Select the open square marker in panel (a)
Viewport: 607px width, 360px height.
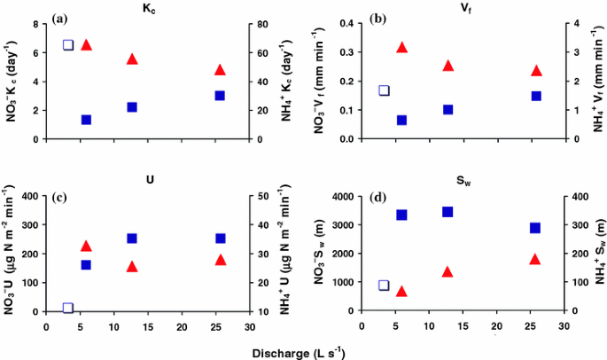tap(68, 45)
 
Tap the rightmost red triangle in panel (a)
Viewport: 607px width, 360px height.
tap(220, 69)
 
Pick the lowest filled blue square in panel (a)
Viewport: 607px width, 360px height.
tap(87, 120)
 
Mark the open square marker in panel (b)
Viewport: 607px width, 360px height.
tap(384, 90)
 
